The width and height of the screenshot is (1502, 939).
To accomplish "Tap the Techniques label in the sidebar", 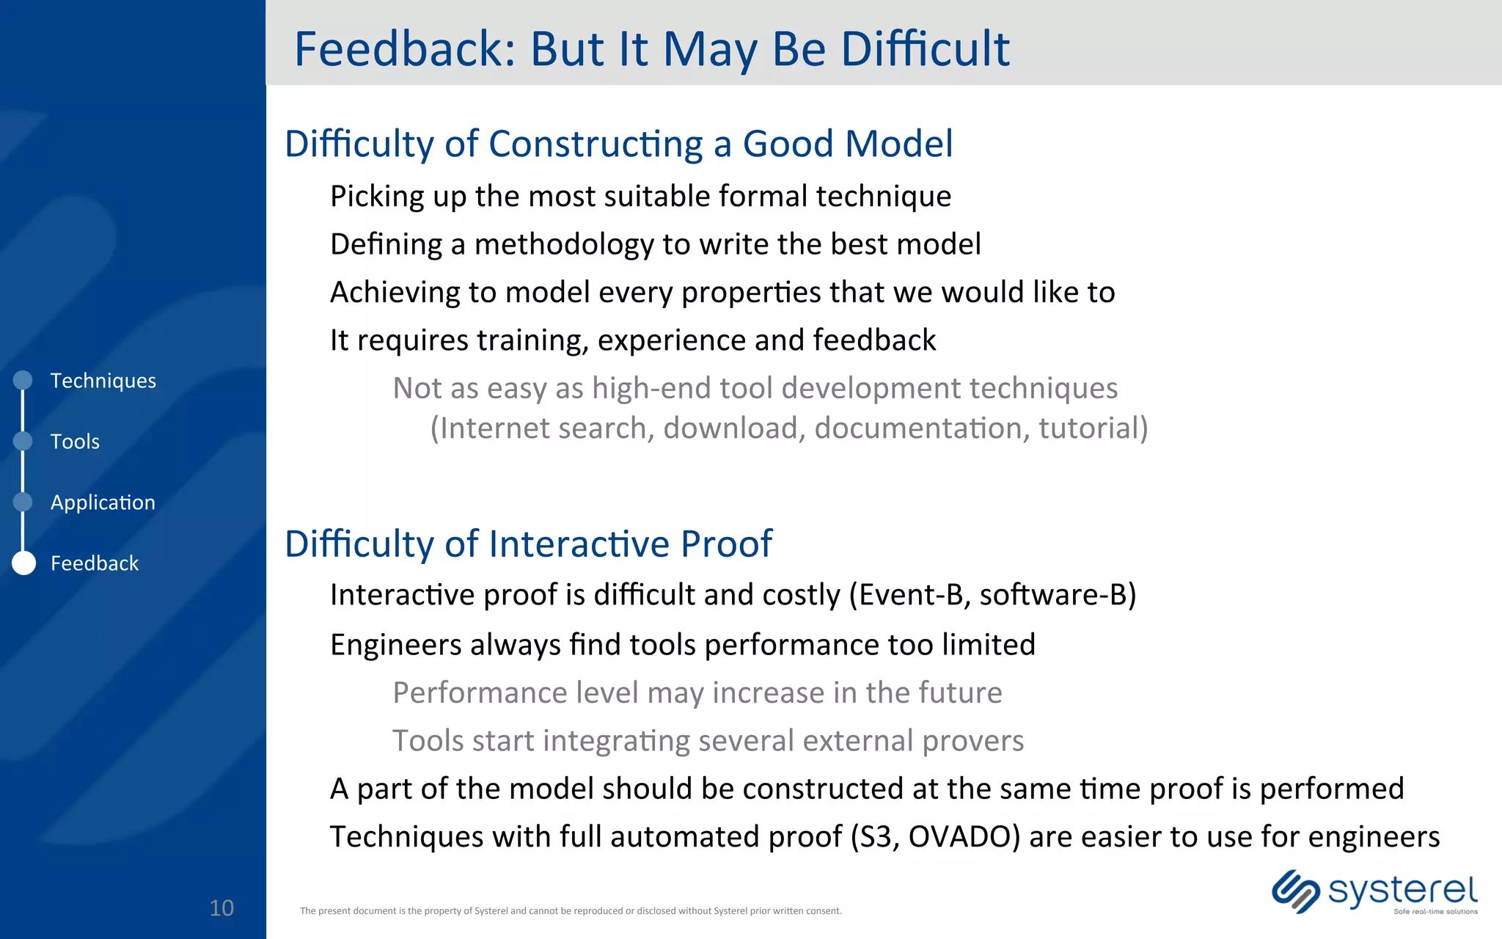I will (103, 381).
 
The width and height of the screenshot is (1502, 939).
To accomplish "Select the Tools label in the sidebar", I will (75, 442).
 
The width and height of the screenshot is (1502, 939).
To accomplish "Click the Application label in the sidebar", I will (103, 503).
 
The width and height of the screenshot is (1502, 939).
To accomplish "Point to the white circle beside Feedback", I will (23, 563).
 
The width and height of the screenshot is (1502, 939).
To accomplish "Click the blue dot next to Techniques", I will (23, 380).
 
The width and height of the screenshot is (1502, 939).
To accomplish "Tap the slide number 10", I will (221, 908).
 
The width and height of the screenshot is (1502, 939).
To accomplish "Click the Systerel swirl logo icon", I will (1295, 891).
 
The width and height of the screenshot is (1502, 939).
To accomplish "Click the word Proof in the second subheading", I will (726, 544).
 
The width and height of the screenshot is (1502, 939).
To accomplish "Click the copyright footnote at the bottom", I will (571, 911).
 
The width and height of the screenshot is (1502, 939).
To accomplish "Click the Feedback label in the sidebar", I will (94, 563).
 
